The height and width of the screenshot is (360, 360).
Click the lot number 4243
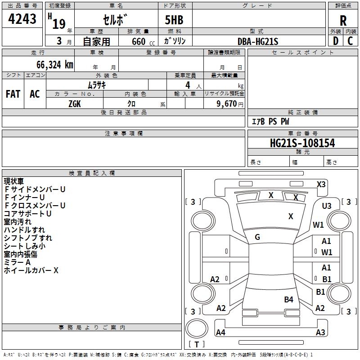point(23,19)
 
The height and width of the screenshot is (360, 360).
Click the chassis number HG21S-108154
point(302,143)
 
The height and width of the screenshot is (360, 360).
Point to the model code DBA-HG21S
point(258,41)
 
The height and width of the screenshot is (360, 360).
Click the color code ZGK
point(75,103)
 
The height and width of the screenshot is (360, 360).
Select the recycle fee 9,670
point(227,104)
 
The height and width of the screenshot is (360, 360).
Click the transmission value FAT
point(13,94)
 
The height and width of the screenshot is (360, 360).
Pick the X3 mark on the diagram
point(321,184)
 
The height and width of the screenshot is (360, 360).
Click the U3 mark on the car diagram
point(327,206)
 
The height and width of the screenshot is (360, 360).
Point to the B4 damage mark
point(288,299)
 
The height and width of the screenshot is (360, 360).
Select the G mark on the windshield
point(257,237)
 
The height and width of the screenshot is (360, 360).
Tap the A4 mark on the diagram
point(220,333)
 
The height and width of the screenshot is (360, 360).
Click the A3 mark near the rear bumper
point(320,333)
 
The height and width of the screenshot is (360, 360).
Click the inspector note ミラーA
point(17,262)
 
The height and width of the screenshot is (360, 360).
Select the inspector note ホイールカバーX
point(31,270)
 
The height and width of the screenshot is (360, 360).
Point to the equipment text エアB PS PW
point(270,121)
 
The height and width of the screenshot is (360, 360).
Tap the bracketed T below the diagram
point(196,344)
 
